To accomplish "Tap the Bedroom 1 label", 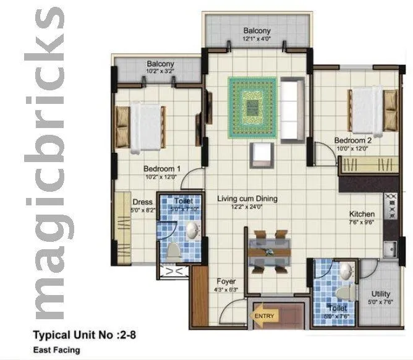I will tap(161, 168).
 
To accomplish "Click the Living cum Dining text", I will tap(247, 199).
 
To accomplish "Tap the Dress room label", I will tap(142, 202).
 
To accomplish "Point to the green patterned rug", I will tap(252, 108).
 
